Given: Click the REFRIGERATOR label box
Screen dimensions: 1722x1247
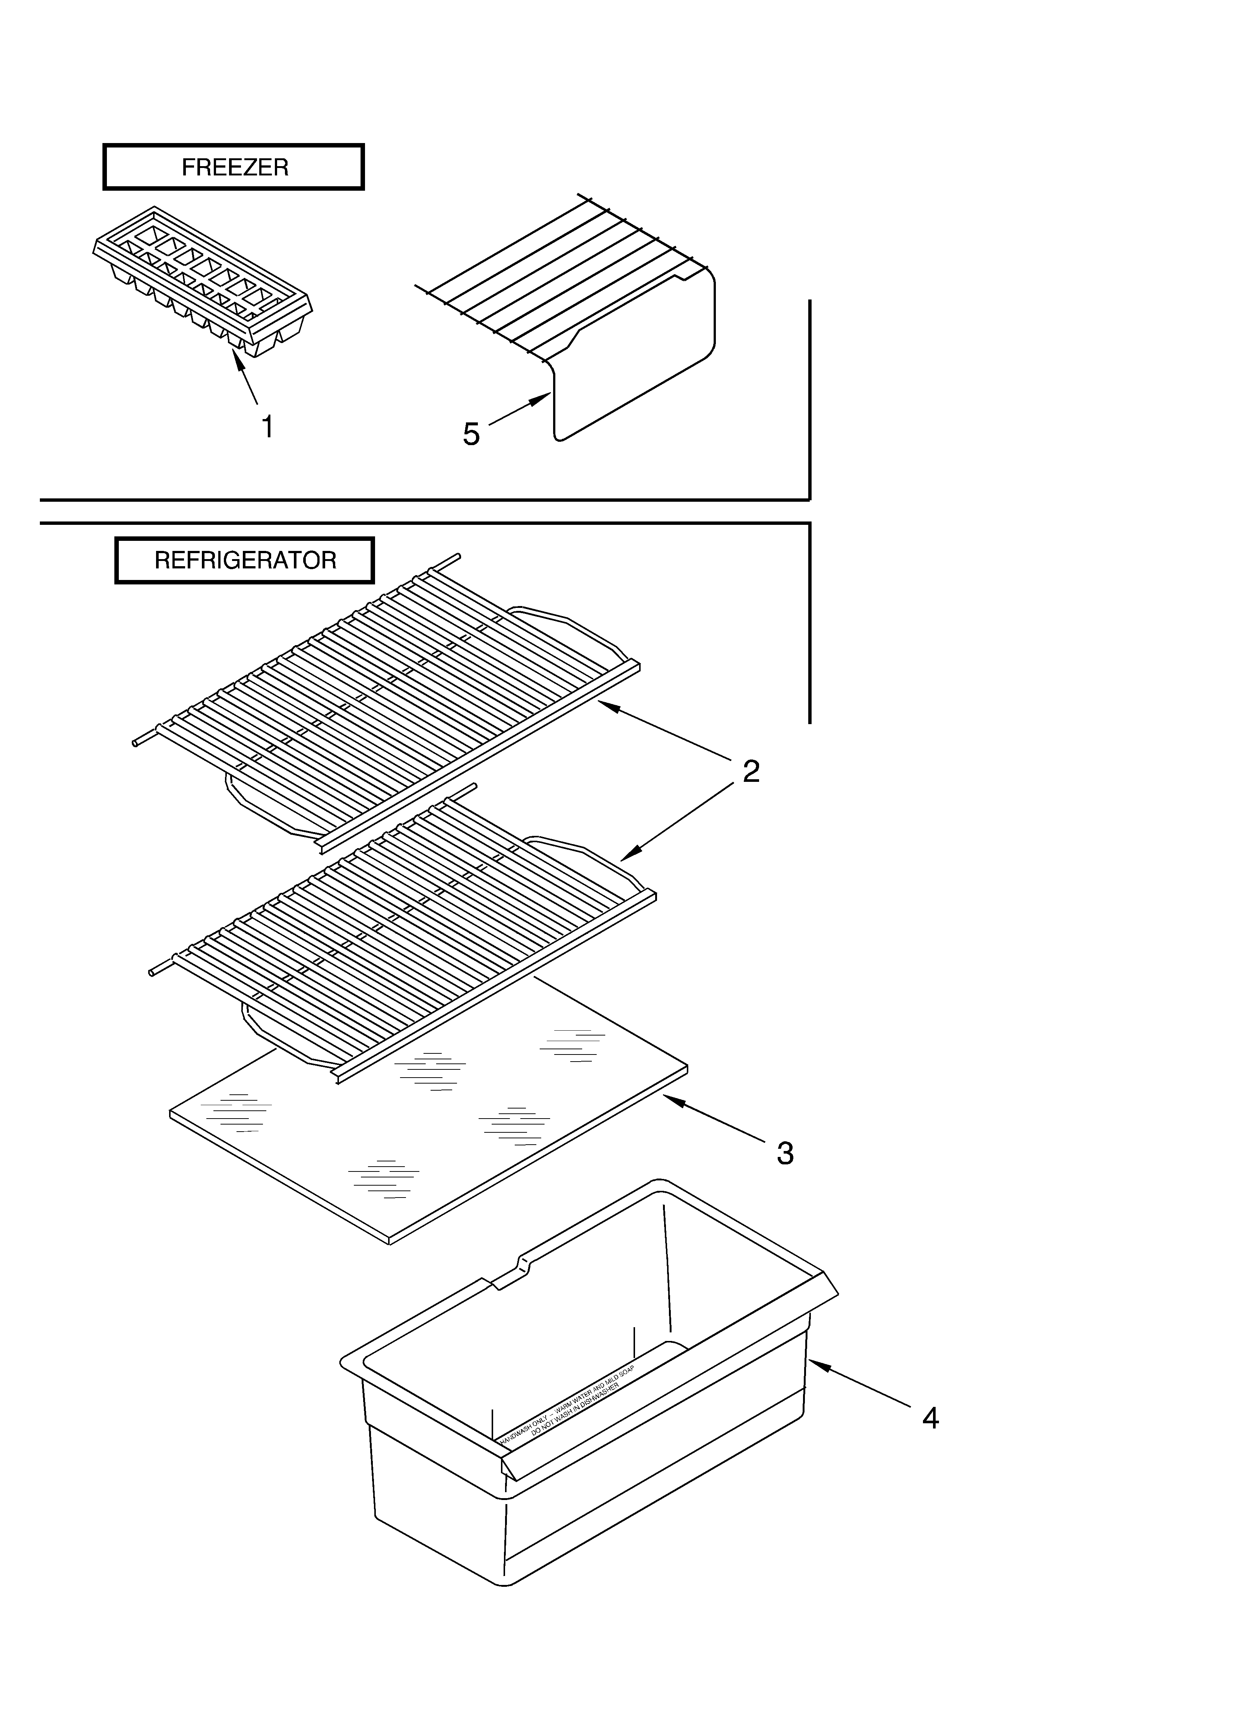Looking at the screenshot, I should point(245,560).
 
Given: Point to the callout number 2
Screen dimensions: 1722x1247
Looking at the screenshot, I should point(751,771).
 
